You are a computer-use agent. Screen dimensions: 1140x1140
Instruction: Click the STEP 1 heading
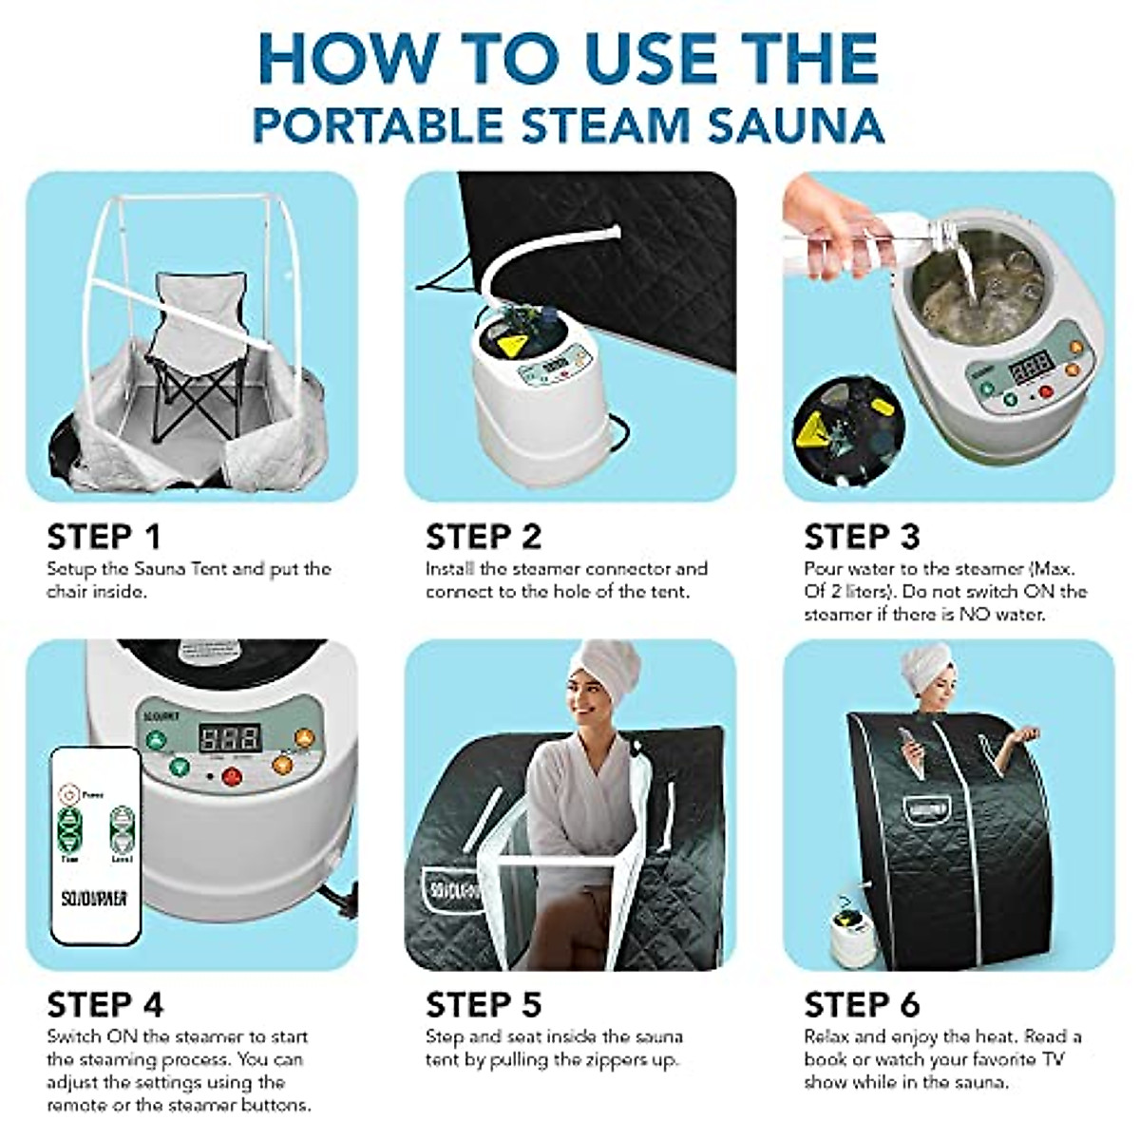click(104, 537)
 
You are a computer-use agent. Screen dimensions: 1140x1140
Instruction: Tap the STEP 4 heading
click(104, 1004)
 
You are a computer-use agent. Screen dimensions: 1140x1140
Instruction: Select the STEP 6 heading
click(862, 1004)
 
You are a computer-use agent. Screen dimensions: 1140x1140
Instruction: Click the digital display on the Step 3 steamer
click(1032, 365)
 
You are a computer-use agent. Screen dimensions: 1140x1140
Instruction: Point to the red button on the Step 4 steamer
click(231, 776)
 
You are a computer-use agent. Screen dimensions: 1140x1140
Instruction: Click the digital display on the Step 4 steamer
click(229, 737)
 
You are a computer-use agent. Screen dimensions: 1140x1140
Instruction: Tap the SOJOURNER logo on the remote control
click(94, 898)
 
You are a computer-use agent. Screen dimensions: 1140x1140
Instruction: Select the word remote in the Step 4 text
click(77, 1106)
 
